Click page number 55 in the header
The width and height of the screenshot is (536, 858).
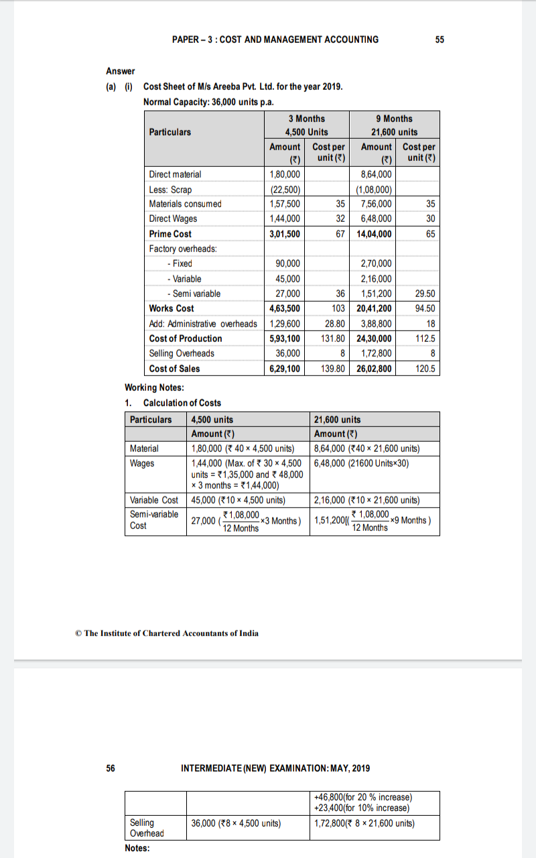[x=440, y=40]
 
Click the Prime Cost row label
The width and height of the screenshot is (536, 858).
[x=170, y=234]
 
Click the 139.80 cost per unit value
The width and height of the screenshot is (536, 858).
[x=332, y=369]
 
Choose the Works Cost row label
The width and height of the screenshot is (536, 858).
[x=172, y=308]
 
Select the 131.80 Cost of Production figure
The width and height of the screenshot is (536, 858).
[x=332, y=339]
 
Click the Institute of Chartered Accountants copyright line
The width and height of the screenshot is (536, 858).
[x=167, y=633]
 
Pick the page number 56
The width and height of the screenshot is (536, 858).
[x=111, y=768]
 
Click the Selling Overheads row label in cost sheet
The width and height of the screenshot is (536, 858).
[x=182, y=353]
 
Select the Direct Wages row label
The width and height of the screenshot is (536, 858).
[x=173, y=219]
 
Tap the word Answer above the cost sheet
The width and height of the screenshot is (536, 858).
[x=121, y=71]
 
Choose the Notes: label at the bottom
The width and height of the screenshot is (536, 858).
[x=137, y=849]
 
